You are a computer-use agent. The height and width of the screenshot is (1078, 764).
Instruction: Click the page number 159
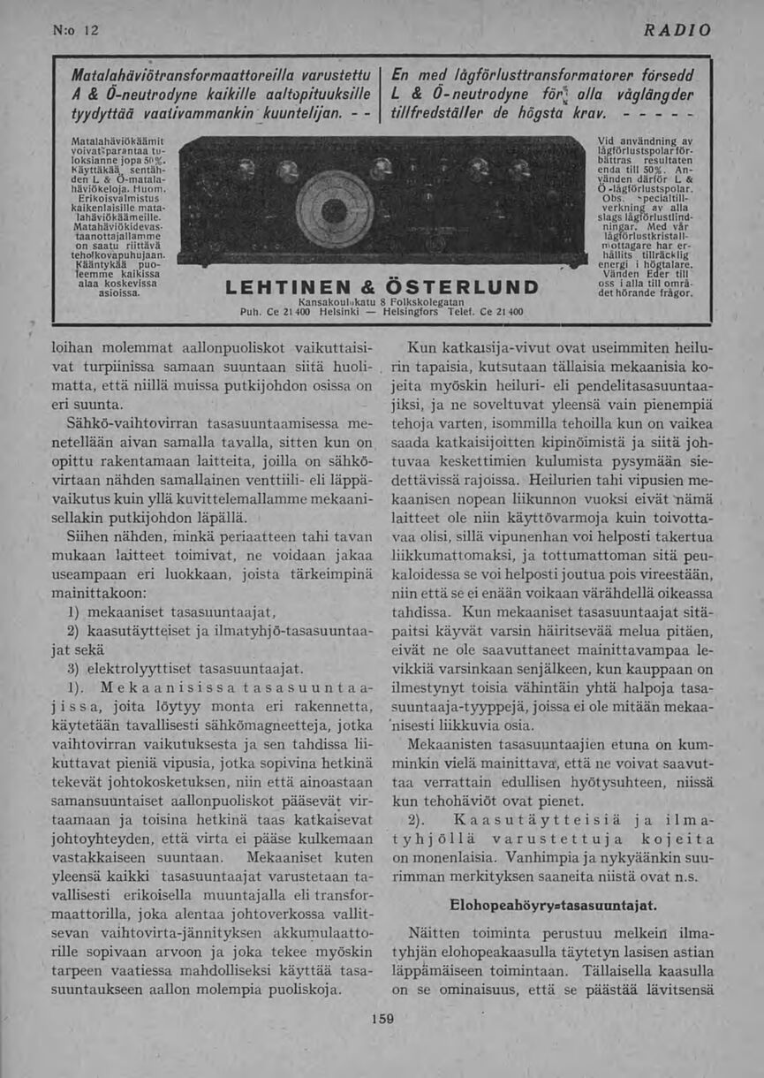point(382,1019)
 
